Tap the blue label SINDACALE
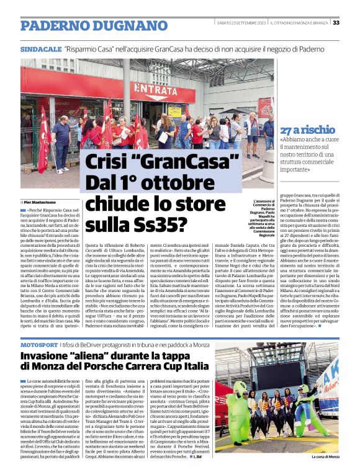click(40, 48)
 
